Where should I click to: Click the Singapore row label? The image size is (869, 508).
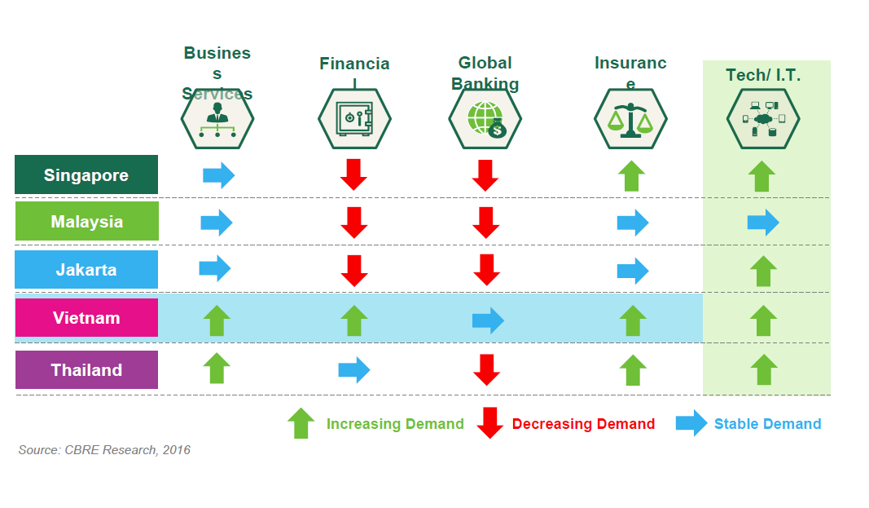[x=86, y=175]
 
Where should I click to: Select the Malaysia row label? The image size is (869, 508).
[x=86, y=222]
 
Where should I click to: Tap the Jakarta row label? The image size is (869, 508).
[x=86, y=269]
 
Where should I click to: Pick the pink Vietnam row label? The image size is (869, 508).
[x=86, y=318]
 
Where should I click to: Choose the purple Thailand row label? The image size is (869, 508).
[x=86, y=370]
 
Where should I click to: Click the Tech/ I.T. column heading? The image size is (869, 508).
[x=763, y=76]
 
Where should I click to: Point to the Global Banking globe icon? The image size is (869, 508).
[x=485, y=119]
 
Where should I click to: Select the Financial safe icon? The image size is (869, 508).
[x=354, y=119]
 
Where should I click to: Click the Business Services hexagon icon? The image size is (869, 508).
[x=217, y=119]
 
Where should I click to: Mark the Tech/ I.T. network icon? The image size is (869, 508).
[x=763, y=119]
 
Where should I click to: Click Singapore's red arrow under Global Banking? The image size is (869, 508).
[x=485, y=175]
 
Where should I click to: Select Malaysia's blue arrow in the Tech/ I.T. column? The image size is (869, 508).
[x=763, y=223]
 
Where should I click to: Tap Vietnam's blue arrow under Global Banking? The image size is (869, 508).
[x=488, y=320]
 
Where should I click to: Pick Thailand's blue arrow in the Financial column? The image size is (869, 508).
[x=354, y=370]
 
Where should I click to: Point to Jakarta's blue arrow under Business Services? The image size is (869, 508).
[x=215, y=267]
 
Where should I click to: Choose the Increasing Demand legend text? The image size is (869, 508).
[x=395, y=424]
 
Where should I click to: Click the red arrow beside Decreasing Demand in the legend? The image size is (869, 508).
[x=489, y=423]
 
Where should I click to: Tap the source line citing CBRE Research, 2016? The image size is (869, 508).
[x=104, y=450]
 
